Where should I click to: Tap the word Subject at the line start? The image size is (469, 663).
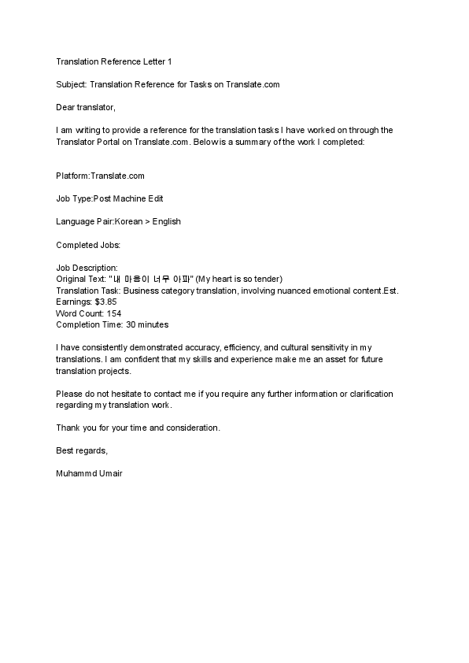pos(72,83)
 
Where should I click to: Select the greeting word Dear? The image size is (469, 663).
pos(66,106)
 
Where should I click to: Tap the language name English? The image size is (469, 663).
pos(167,221)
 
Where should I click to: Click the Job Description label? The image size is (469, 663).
pos(87,268)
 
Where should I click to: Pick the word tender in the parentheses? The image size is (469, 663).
pos(268,279)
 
